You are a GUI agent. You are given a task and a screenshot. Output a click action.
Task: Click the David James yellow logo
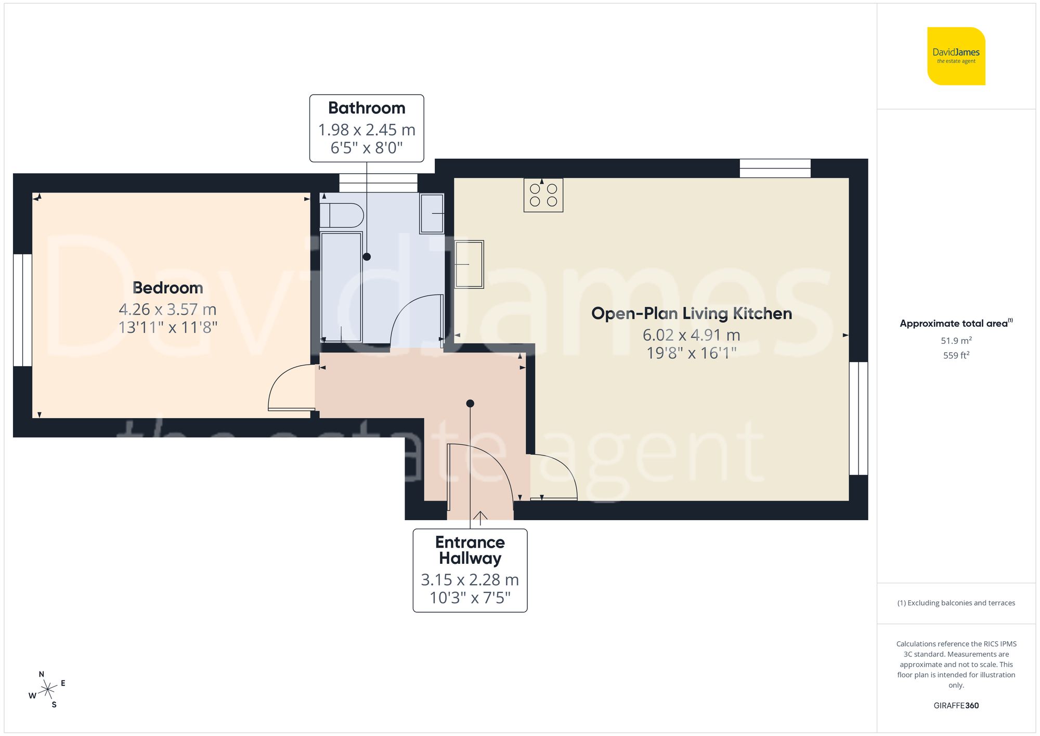click(x=956, y=56)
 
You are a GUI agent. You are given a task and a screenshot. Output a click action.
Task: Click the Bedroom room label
click(x=167, y=288)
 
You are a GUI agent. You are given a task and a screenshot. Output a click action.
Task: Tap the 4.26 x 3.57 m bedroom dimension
click(x=167, y=309)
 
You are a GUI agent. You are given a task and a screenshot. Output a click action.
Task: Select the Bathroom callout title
click(x=367, y=108)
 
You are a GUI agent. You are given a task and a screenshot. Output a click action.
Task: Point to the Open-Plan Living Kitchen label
click(x=691, y=314)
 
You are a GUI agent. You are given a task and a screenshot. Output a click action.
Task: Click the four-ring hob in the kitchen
click(x=543, y=195)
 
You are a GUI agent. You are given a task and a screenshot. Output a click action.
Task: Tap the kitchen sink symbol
click(x=470, y=264)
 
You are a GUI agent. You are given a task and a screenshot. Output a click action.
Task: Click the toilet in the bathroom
click(x=342, y=215)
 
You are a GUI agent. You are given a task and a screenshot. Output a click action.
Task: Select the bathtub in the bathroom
click(x=341, y=287)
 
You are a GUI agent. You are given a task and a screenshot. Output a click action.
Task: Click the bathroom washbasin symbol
click(x=432, y=213)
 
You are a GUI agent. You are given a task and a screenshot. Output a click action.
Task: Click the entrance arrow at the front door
click(x=480, y=516)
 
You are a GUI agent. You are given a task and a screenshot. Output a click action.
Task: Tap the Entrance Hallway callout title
click(x=470, y=550)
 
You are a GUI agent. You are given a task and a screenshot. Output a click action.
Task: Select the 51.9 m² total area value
click(x=956, y=341)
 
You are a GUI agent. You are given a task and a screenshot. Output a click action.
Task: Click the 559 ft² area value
click(x=956, y=355)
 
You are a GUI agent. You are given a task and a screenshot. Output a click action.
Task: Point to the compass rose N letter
click(x=42, y=674)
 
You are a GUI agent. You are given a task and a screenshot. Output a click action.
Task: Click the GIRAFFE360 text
click(x=956, y=706)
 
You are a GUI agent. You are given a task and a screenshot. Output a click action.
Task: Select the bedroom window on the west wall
click(x=22, y=310)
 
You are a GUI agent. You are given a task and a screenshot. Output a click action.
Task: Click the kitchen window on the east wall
click(x=859, y=418)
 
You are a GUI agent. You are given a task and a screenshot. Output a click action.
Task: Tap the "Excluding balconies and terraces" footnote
click(x=956, y=603)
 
